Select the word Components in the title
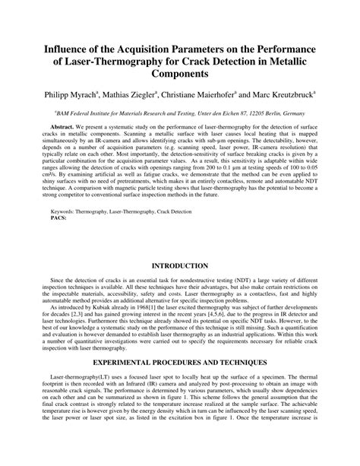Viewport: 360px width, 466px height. coord(179,75)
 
